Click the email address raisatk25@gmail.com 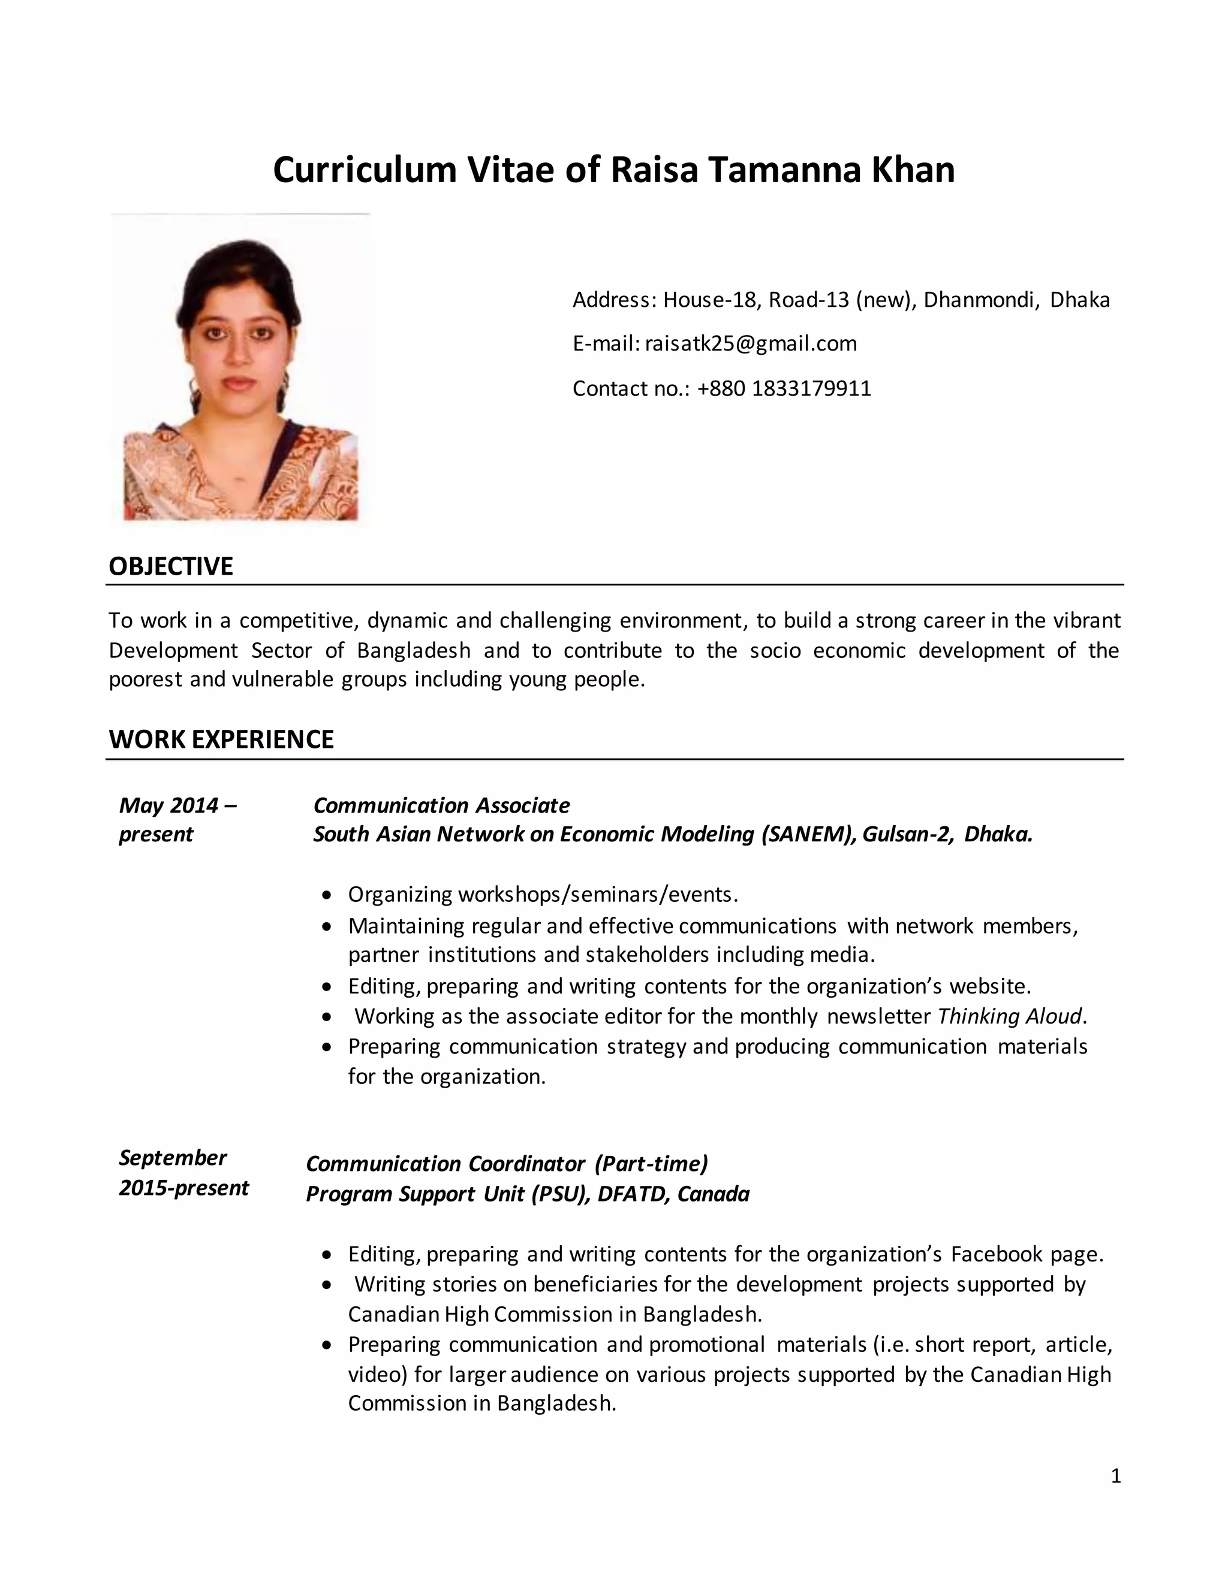(x=751, y=343)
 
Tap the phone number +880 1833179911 (x=784, y=388)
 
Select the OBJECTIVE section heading (x=171, y=566)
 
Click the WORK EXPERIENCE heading (x=221, y=739)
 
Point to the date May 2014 (x=168, y=805)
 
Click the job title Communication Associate (x=441, y=805)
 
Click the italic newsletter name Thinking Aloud (x=1010, y=1016)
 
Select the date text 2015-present (x=183, y=1188)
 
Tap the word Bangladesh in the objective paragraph (x=413, y=650)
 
